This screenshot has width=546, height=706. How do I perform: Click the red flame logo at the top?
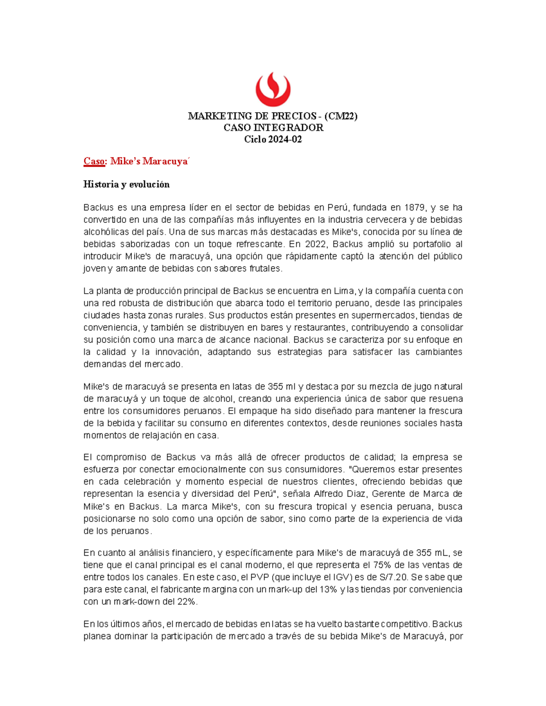click(x=273, y=89)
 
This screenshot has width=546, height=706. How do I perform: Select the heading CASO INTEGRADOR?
click(x=273, y=128)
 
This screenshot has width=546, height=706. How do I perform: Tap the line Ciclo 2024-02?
click(x=273, y=140)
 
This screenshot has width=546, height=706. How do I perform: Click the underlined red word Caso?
click(x=94, y=161)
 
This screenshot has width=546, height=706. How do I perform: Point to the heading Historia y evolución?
click(x=126, y=185)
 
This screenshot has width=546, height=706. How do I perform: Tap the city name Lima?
click(x=344, y=291)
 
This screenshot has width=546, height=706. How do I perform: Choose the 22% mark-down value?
click(x=187, y=602)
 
